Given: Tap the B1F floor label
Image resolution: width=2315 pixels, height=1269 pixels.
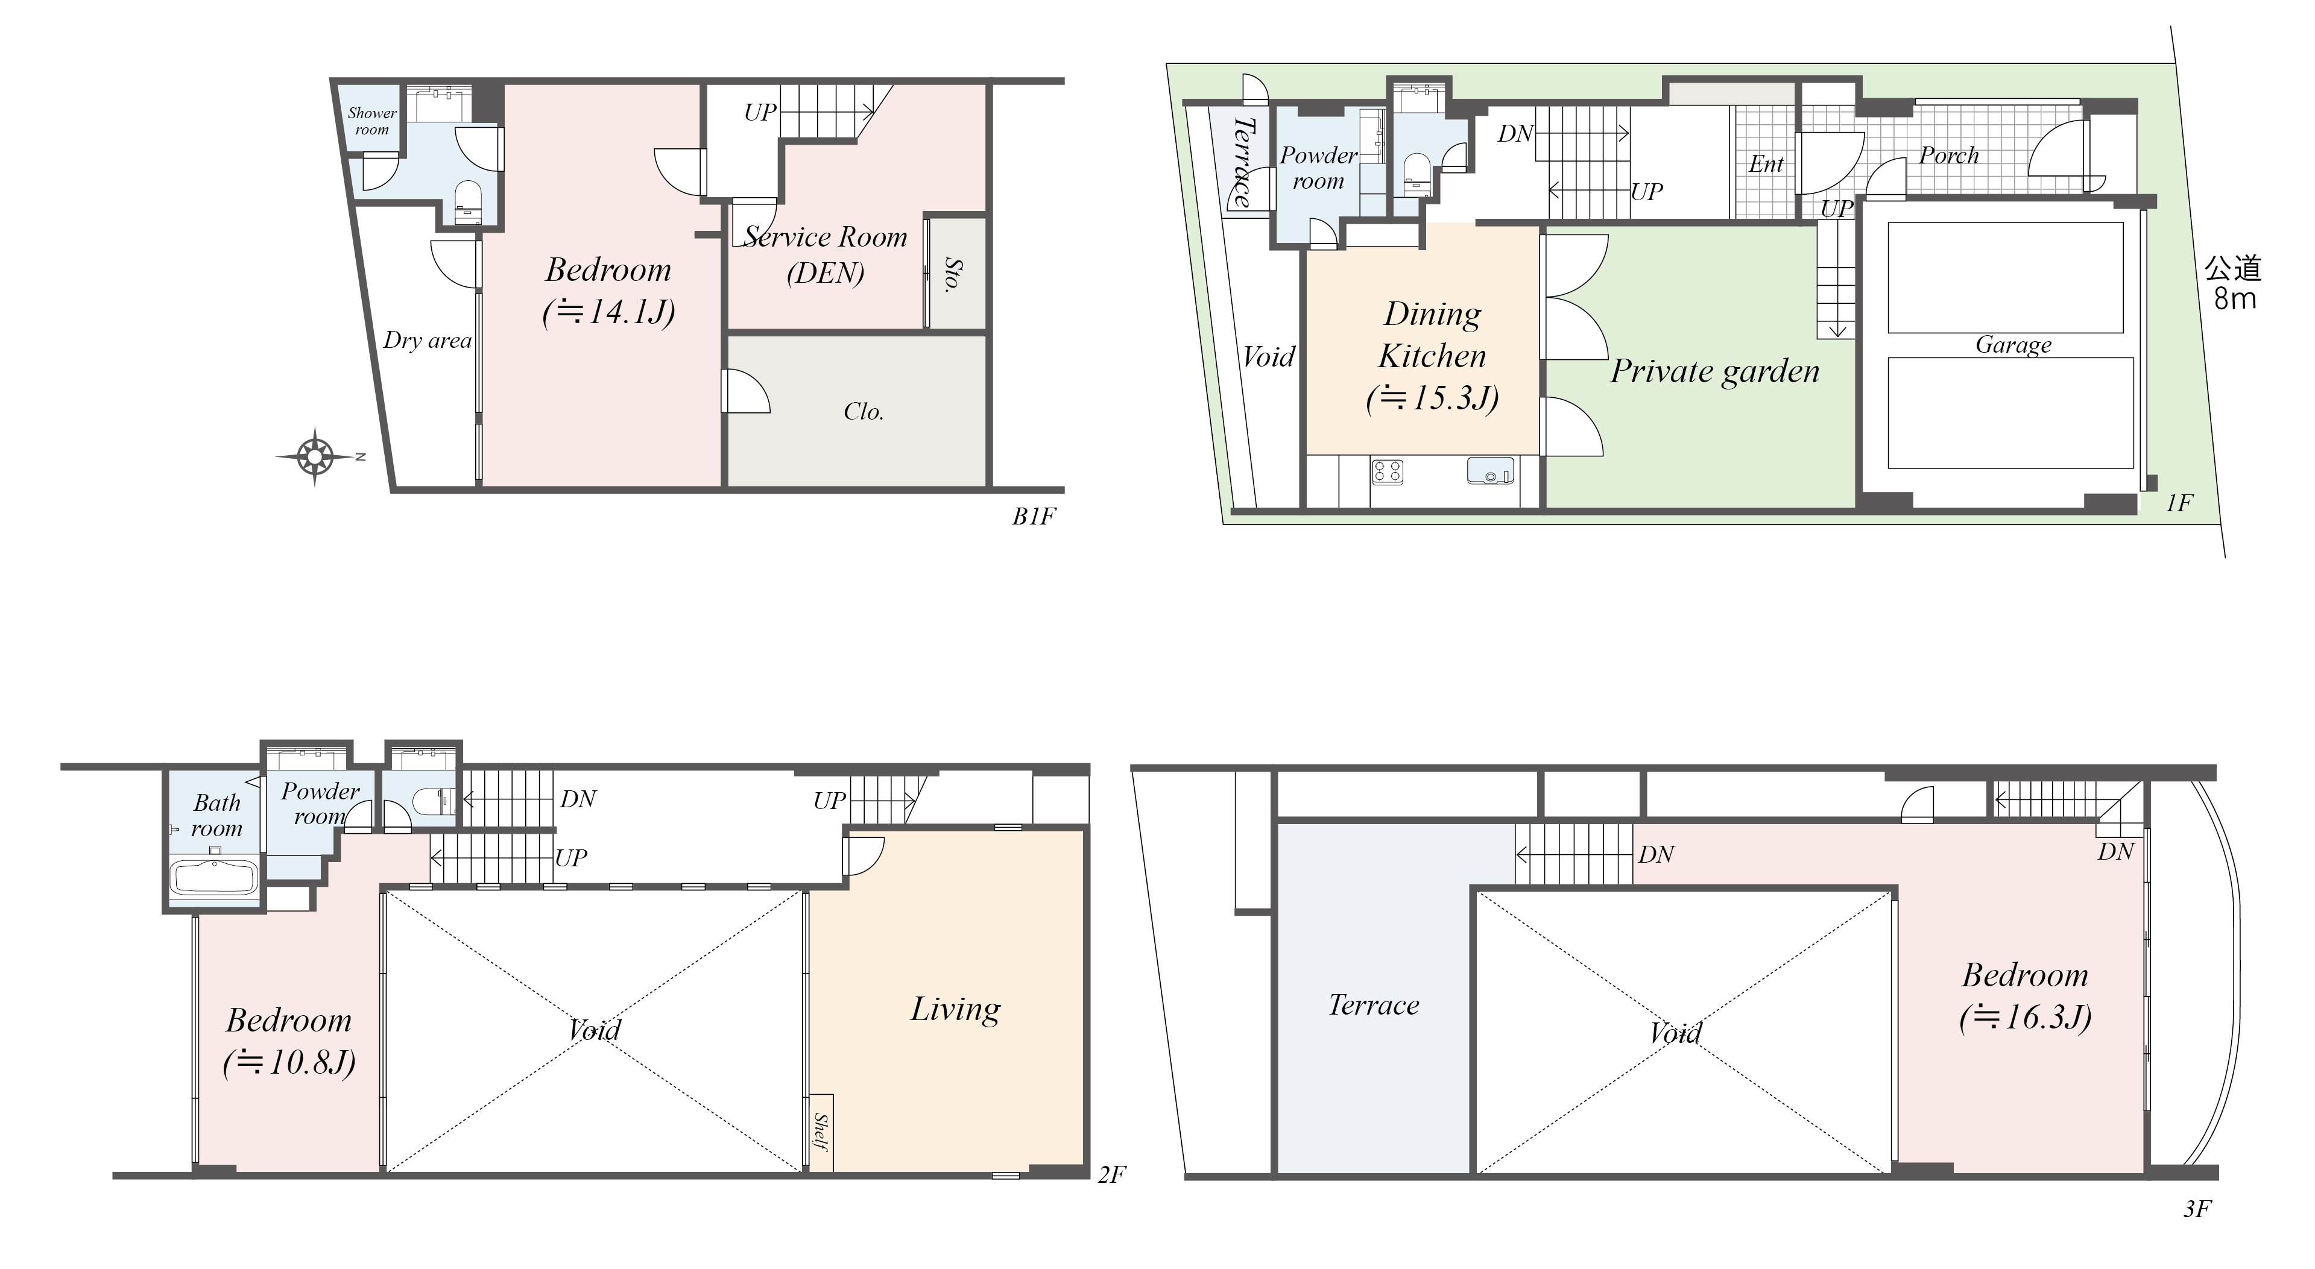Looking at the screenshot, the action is (x=1034, y=517).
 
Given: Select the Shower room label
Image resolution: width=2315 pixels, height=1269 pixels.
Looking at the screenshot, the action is (x=372, y=121).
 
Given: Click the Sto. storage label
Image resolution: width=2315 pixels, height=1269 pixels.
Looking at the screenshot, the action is (x=952, y=274).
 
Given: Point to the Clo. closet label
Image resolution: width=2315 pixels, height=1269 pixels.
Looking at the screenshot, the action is (x=864, y=412).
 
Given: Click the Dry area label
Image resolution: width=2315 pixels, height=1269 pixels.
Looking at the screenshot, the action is (x=427, y=341).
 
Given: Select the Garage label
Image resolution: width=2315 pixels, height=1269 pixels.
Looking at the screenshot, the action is (x=2013, y=345).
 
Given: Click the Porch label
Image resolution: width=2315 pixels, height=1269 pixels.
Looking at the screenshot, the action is (x=1948, y=156).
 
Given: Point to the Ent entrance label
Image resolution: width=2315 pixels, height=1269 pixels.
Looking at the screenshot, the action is (x=1766, y=165).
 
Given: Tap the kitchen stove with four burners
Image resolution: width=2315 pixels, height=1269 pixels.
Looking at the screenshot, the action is (x=1388, y=472).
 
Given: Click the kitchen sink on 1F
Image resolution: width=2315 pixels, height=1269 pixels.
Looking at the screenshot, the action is (x=1490, y=471).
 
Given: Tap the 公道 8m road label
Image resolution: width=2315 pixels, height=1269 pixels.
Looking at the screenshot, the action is (x=2233, y=283).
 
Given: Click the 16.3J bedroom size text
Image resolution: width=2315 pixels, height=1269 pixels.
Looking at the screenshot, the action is (x=2026, y=1016).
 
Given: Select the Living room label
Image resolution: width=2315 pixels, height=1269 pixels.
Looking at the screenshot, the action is (x=955, y=1010).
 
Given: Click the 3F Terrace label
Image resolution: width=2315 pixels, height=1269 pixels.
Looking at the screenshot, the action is (x=1374, y=1005).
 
